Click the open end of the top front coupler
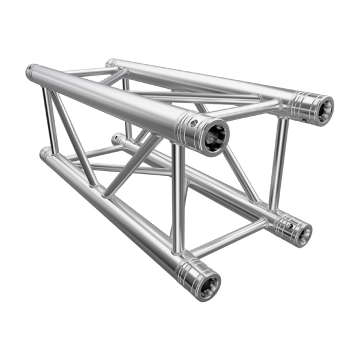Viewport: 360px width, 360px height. click(x=213, y=136)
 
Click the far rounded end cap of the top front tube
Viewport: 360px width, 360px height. click(x=30, y=72)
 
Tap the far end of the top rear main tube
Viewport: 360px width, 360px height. click(x=110, y=62)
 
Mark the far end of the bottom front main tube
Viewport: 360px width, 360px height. click(x=44, y=154)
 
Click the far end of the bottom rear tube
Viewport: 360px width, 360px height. click(x=116, y=139)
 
